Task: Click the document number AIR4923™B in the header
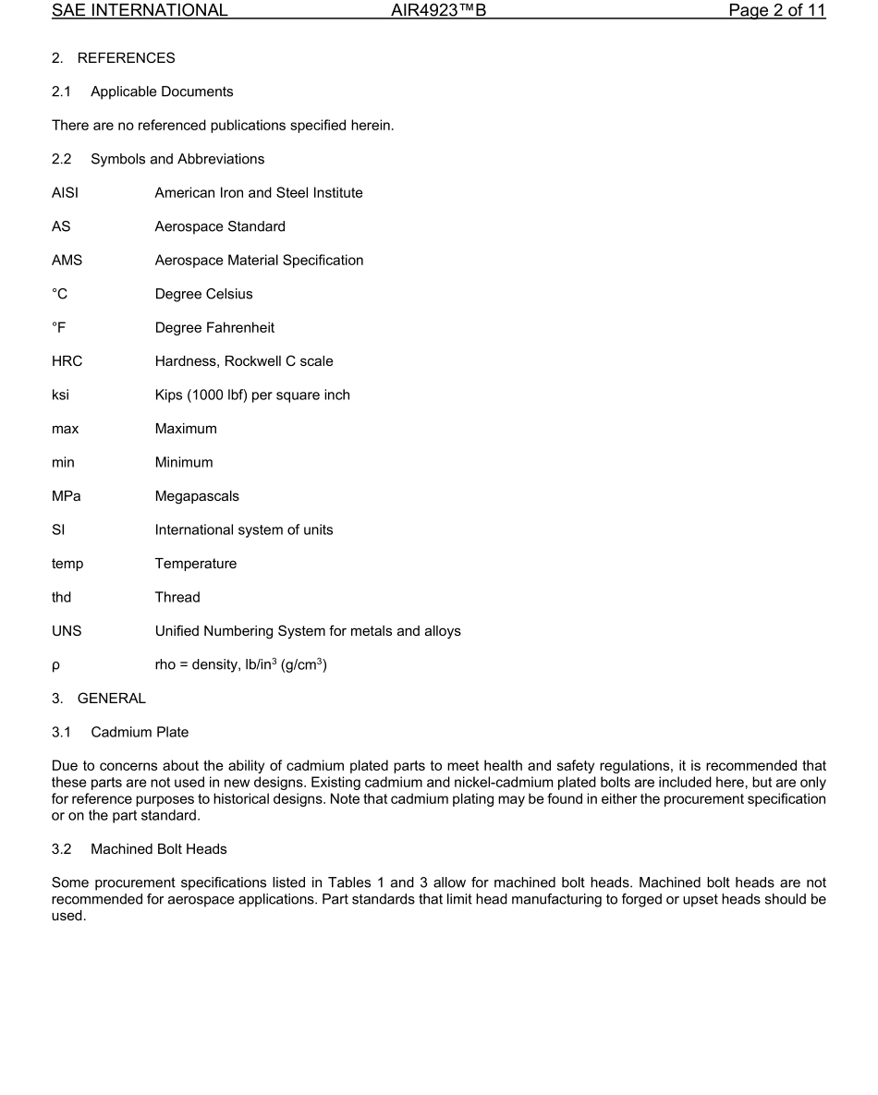click(438, 11)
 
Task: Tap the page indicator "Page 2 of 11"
click(776, 11)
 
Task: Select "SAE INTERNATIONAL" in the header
click(140, 11)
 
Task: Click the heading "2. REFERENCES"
click(113, 58)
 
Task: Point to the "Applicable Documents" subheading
click(162, 91)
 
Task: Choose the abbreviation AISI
click(65, 193)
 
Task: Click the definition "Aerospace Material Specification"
click(259, 261)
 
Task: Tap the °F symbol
click(60, 328)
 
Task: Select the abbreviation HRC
click(67, 361)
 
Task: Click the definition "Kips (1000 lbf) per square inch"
click(252, 395)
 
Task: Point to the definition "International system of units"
click(244, 530)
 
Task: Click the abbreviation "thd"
click(61, 598)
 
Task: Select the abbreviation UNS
click(67, 631)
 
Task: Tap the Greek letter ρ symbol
click(55, 666)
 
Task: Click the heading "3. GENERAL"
click(99, 699)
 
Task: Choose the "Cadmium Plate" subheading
click(140, 733)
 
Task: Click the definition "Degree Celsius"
click(203, 294)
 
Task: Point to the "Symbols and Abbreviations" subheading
click(177, 159)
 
